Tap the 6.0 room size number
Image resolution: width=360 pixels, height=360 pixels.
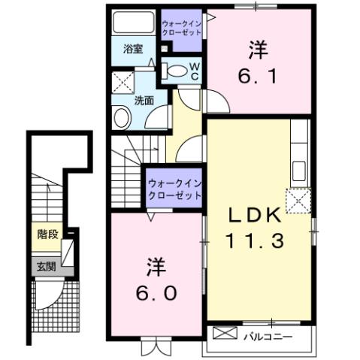tap(156, 290)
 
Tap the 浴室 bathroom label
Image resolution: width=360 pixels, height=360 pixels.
tap(133, 50)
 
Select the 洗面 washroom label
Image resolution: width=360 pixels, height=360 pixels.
tap(144, 98)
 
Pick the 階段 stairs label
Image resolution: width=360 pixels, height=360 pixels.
tap(47, 234)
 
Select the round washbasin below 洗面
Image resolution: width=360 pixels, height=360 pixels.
tap(120, 118)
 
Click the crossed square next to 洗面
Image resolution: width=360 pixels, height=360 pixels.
tap(121, 81)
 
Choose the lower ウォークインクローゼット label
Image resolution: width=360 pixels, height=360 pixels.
tap(174, 189)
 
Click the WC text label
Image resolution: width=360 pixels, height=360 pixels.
tap(193, 71)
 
